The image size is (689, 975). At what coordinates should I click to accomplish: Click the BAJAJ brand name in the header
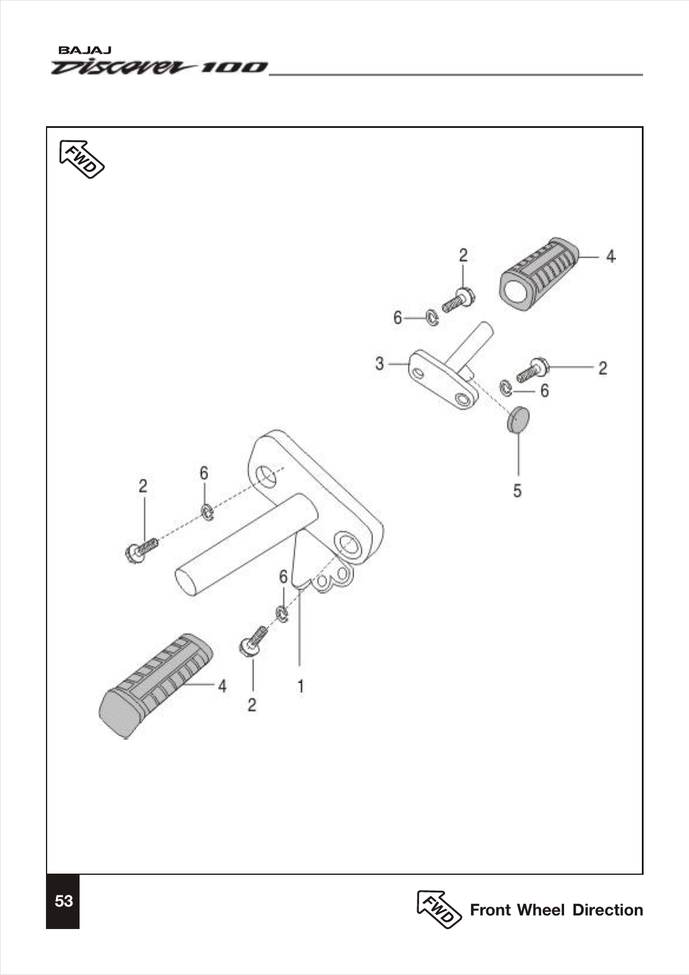tap(81, 51)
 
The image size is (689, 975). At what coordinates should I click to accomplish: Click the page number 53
tap(63, 901)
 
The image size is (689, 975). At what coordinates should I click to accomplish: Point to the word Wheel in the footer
tap(540, 910)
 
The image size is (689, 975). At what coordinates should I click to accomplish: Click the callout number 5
tap(517, 490)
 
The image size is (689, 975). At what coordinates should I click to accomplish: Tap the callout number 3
tap(380, 364)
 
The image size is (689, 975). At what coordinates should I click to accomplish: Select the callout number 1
tap(301, 686)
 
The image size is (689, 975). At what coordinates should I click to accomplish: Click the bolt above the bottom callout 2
tap(253, 641)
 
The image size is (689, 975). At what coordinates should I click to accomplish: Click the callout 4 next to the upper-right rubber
tap(611, 256)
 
